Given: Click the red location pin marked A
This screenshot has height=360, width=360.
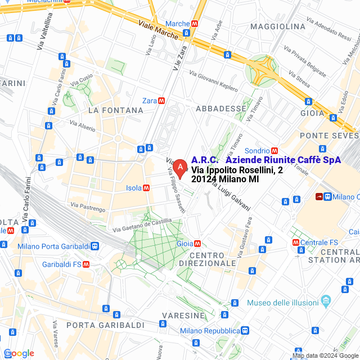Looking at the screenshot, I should tap(179, 168).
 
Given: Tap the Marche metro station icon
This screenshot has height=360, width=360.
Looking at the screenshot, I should tap(195, 24).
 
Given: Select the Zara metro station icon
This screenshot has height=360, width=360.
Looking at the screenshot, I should tap(161, 101).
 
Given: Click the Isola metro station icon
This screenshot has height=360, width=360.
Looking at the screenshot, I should tap(146, 188).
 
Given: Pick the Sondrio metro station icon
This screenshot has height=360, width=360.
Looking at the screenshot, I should tap(274, 151).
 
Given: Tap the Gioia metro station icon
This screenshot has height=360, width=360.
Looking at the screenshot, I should tap(197, 244).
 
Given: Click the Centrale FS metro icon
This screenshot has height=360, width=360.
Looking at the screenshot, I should tap(296, 242).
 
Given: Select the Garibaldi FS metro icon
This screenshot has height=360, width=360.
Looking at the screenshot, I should tap(86, 264).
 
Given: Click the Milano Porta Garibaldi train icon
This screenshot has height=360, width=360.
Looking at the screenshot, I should tap(95, 246).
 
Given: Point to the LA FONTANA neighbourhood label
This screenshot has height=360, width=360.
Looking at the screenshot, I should tap(115, 110).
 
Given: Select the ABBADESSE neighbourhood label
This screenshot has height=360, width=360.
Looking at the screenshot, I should tap(220, 109).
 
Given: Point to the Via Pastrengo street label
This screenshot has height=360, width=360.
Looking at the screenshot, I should tap(88, 207).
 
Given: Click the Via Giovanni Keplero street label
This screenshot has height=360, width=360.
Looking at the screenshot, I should tap(213, 81).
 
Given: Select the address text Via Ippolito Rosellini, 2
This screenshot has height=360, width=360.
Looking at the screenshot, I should tap(233, 170).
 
